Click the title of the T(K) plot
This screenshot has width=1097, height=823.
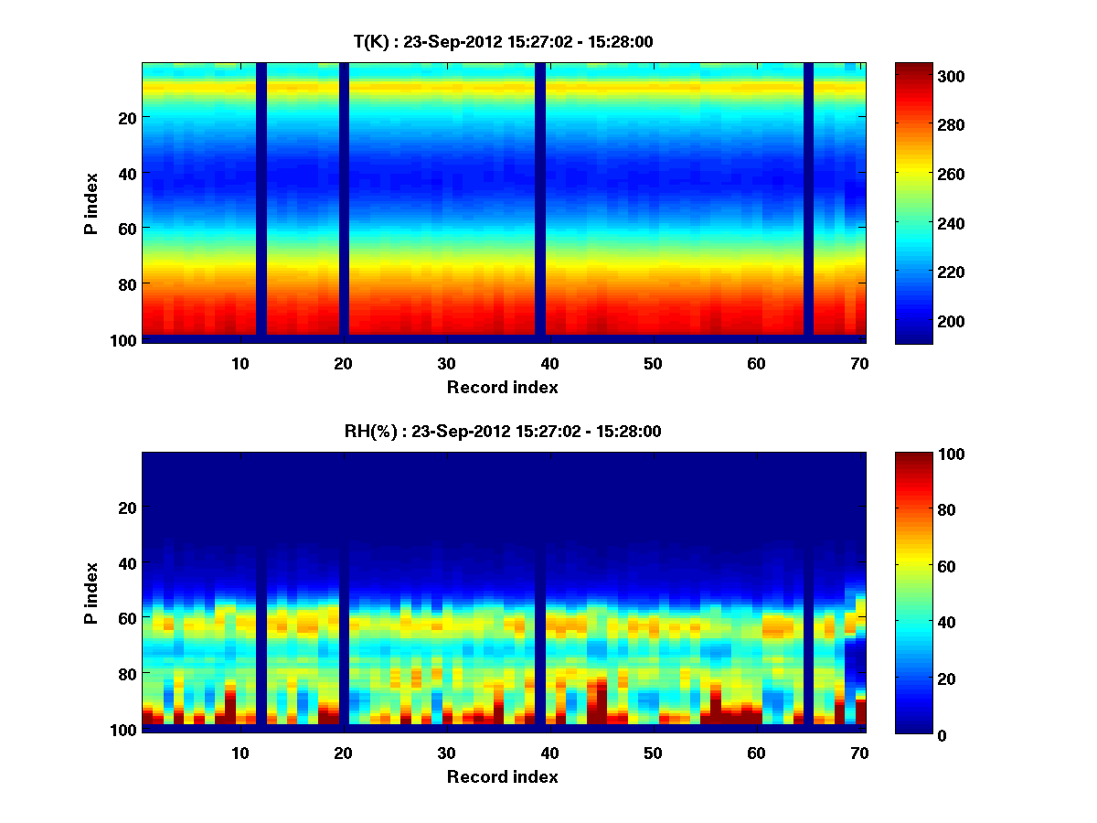pyautogui.click(x=503, y=41)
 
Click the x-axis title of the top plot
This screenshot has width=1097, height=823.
pyautogui.click(x=502, y=387)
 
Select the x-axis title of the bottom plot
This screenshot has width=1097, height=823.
pyautogui.click(x=502, y=776)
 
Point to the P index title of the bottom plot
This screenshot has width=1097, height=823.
pyautogui.click(x=91, y=593)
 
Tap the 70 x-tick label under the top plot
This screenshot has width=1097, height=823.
pyautogui.click(x=858, y=363)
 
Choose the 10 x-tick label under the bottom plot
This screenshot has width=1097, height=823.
pyautogui.click(x=240, y=753)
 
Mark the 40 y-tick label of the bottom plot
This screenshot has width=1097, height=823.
pyautogui.click(x=128, y=563)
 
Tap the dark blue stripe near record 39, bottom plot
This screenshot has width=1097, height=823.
pyautogui.click(x=540, y=590)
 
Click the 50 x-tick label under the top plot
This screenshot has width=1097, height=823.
pyautogui.click(x=652, y=363)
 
